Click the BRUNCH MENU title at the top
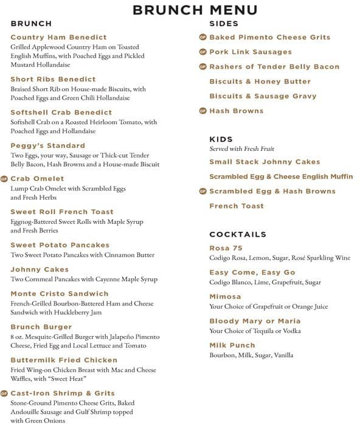click(195, 10)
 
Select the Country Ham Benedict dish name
click(58, 38)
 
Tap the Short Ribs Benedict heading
click(53, 79)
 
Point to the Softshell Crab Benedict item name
click(61, 113)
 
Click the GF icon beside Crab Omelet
click(4, 179)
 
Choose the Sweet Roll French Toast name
click(61, 212)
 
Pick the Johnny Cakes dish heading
click(40, 270)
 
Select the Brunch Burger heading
click(41, 327)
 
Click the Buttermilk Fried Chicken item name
click(63, 360)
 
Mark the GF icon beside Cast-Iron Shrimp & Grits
click(4, 393)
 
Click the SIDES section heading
click(224, 24)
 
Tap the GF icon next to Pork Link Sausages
click(203, 52)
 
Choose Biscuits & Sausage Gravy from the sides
click(263, 96)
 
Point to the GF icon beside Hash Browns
click(203, 111)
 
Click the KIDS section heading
click(221, 139)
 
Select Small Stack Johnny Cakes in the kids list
click(265, 162)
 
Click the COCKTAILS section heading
click(238, 234)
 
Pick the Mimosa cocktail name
click(225, 296)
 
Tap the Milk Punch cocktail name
click(232, 346)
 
